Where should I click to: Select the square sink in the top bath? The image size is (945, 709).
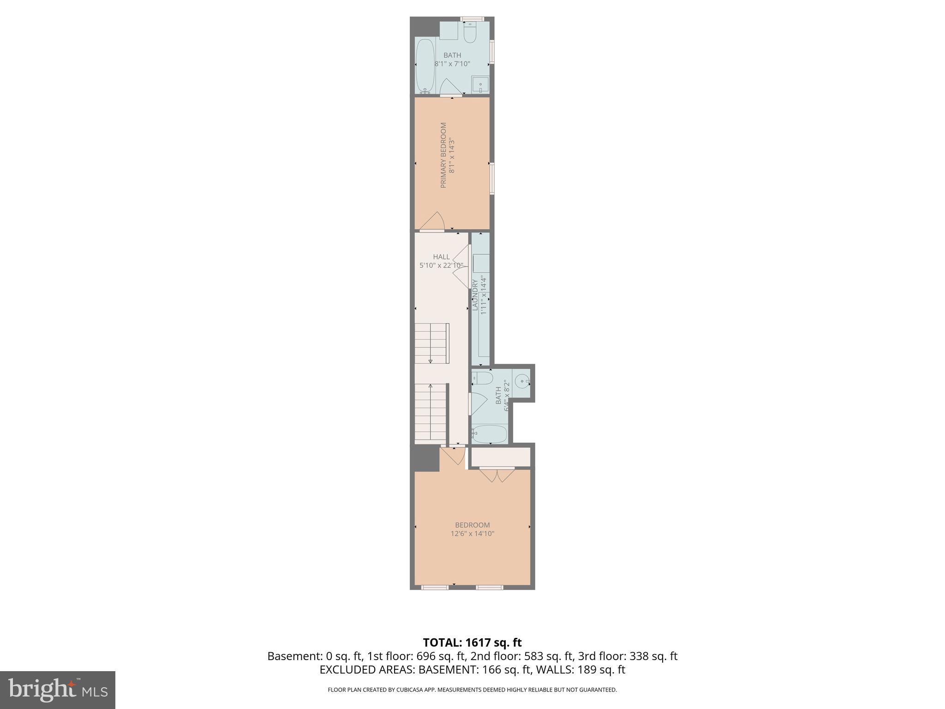[x=480, y=85]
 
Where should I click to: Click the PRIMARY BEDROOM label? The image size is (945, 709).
[x=443, y=155]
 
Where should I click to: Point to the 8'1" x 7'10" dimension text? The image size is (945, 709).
[x=452, y=64]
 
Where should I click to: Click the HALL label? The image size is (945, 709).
[x=441, y=257]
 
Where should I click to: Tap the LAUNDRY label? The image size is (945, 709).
[x=475, y=294]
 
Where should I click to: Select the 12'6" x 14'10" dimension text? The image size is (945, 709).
[x=472, y=534]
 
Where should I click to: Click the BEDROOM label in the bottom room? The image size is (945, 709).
[x=472, y=525]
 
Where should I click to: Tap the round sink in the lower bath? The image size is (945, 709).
[x=521, y=382]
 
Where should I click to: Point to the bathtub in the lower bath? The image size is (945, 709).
[x=490, y=434]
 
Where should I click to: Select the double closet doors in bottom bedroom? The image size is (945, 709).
[x=496, y=475]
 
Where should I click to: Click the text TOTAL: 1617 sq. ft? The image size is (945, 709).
[x=472, y=643]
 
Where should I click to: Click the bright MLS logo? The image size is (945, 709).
[x=58, y=690]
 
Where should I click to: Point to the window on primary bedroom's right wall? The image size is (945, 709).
[x=492, y=178]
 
